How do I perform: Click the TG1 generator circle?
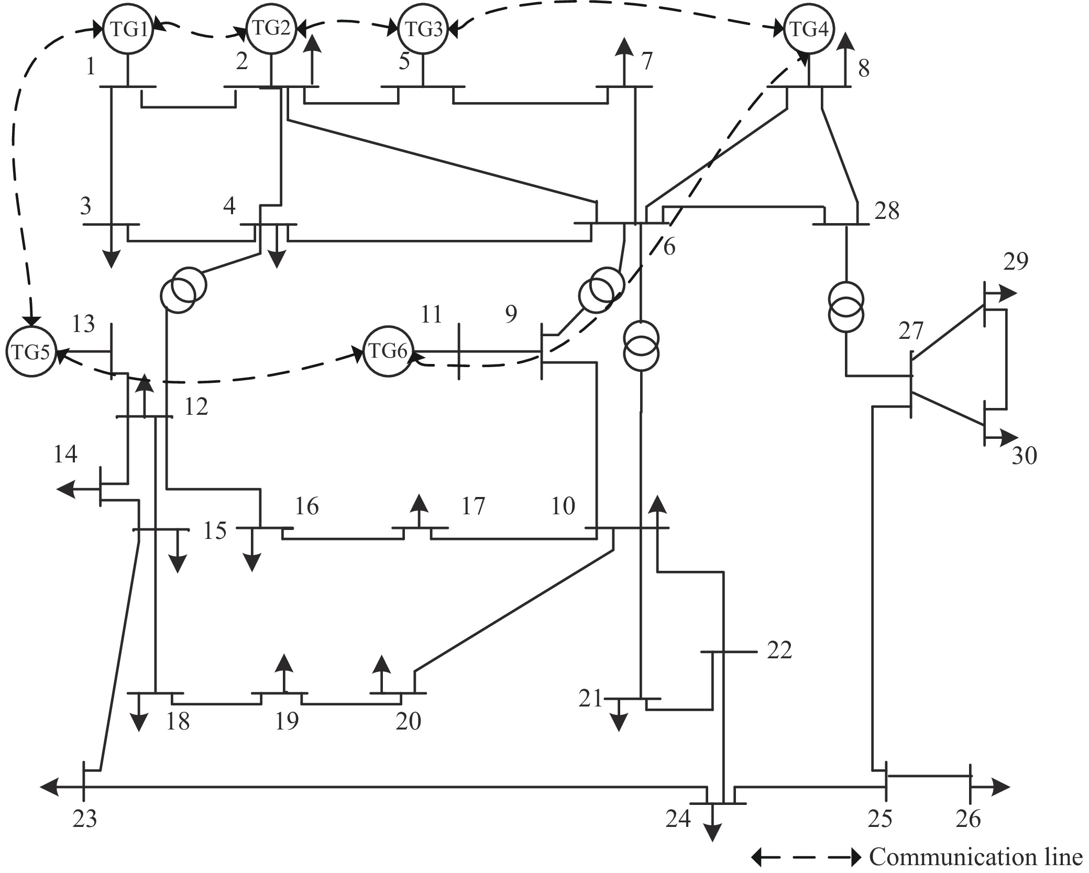point(128,29)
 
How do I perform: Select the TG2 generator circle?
point(271,29)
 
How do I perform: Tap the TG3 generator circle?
point(423,29)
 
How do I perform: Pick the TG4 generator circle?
point(809,29)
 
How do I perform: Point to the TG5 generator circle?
point(30,352)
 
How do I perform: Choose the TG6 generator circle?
point(388,351)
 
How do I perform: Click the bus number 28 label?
point(886,211)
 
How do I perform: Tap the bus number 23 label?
point(85,819)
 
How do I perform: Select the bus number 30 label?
point(1024,456)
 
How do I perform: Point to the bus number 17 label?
point(473,506)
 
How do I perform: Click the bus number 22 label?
point(779,650)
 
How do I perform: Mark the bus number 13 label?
point(83,324)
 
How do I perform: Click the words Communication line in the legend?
point(975,857)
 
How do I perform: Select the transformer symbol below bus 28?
point(845,307)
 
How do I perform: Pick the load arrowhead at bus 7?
point(623,47)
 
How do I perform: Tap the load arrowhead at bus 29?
point(1008,294)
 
